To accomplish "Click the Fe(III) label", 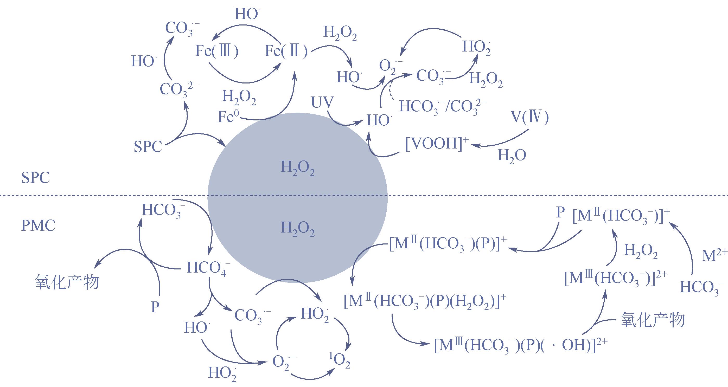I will (217, 52).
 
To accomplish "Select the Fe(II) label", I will (286, 52).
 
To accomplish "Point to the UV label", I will (322, 102).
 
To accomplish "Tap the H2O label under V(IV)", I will (512, 155).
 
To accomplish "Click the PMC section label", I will (38, 226).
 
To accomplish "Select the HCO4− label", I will (209, 268).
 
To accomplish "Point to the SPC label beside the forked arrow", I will (148, 147).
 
